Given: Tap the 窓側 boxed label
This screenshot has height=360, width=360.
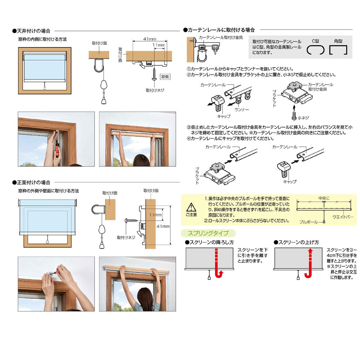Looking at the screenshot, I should [165, 77].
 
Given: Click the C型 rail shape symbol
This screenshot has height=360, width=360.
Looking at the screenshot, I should [315, 50].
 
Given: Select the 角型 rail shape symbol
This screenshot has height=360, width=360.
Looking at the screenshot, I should [338, 50].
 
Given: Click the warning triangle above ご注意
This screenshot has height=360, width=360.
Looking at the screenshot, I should [191, 207].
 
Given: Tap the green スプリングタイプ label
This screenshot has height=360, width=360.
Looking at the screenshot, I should [208, 233].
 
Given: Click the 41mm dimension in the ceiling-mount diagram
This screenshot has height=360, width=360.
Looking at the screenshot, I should [150, 39].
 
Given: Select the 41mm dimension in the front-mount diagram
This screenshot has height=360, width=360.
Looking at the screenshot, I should [163, 226].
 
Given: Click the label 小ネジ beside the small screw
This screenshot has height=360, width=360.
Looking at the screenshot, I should [303, 118].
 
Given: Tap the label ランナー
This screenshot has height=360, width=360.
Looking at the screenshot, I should [241, 110].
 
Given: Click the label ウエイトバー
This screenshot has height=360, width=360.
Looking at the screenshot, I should [343, 217].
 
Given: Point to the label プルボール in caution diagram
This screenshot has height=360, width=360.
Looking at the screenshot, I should [308, 222].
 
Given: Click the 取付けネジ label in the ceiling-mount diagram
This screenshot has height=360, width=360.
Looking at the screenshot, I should [155, 90].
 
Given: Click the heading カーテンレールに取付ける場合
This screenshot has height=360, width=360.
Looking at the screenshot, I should [221, 30].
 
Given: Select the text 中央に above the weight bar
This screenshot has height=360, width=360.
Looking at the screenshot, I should [324, 198].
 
